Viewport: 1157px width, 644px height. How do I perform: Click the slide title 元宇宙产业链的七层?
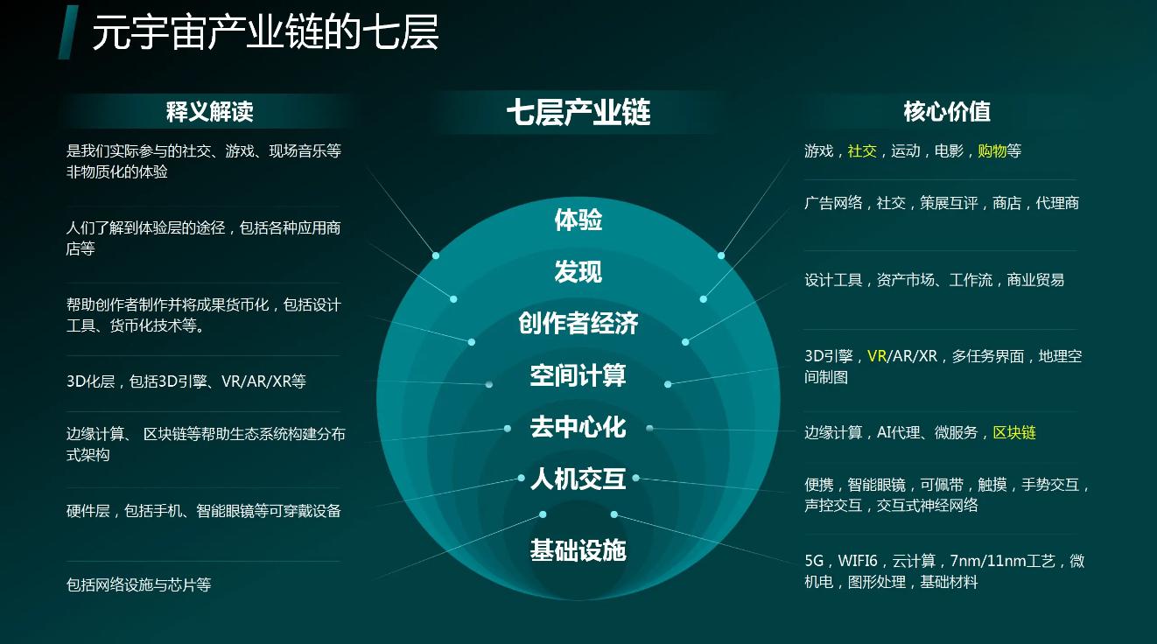265,33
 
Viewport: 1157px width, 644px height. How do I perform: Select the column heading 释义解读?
209,111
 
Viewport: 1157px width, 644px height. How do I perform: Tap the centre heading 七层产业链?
578,112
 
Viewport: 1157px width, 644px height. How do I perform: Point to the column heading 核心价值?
946,111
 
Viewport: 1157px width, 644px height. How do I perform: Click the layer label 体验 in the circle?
578,220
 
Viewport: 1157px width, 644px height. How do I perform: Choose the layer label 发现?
578,272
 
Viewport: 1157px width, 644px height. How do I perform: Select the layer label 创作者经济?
578,324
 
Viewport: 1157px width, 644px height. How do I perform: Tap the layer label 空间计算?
578,376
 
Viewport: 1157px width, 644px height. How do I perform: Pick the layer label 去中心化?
578,427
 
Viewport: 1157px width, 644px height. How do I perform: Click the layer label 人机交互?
578,479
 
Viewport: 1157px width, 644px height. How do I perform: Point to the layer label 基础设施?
578,550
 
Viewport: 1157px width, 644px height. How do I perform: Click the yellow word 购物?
992,151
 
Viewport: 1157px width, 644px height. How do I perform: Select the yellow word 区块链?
1013,433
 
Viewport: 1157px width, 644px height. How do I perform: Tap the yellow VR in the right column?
877,357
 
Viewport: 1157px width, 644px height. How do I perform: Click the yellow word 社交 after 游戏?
862,151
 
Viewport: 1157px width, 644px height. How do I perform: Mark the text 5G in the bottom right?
814,562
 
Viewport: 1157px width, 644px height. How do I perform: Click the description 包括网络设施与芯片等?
138,584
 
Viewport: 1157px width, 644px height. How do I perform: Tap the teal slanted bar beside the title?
68,32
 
